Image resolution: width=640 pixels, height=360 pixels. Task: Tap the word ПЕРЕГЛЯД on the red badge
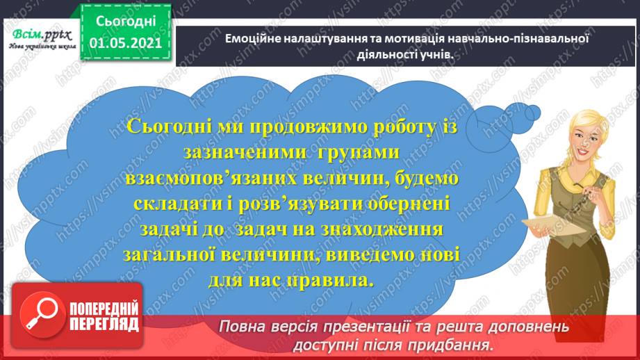[104, 323]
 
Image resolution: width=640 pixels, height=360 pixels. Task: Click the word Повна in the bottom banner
[240, 327]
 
